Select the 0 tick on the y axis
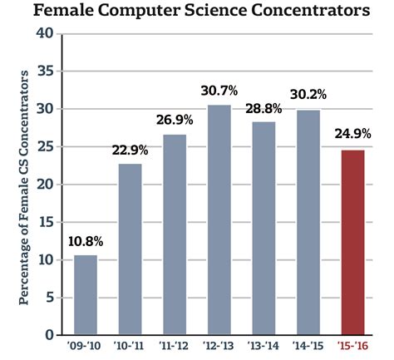[x=49, y=335]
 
